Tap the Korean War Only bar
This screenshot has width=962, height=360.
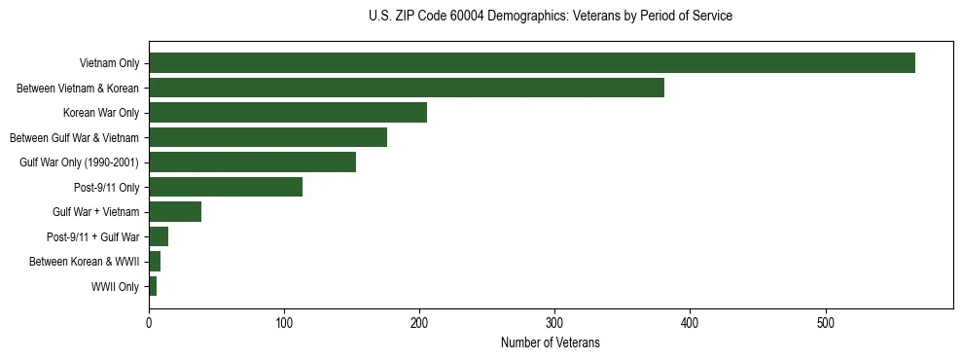point(288,113)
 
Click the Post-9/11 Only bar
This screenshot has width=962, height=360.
point(226,187)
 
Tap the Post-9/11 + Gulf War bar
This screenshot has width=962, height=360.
point(159,236)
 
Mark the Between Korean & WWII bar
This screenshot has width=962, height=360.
point(155,262)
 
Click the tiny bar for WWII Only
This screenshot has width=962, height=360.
point(153,286)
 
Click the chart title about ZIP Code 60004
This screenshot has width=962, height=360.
point(551,17)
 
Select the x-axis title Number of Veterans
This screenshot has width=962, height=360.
point(551,343)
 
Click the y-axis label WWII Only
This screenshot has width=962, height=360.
point(115,287)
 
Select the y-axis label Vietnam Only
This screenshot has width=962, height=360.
point(109,64)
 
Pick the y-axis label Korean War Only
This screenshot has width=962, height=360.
point(101,114)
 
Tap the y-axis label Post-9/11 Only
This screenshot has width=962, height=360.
point(104,188)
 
